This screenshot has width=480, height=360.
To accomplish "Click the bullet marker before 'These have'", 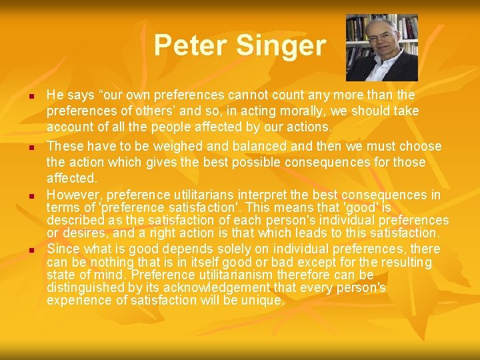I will [x=31, y=147].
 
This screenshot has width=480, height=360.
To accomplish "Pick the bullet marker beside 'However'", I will [x=31, y=197].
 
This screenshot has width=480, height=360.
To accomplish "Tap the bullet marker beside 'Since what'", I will [x=31, y=250].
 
